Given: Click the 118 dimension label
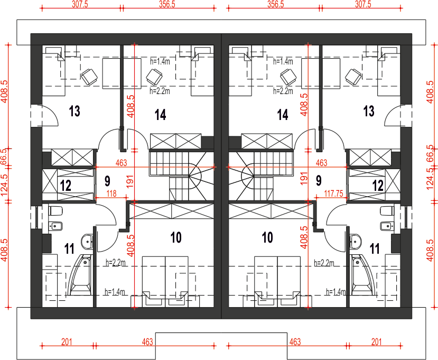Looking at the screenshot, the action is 111,193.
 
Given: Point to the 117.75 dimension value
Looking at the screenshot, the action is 333,193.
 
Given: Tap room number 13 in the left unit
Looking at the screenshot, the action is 74,111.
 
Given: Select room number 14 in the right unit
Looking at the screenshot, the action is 283,115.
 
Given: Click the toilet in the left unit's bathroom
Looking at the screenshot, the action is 55,211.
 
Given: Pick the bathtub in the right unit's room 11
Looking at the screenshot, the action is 360,274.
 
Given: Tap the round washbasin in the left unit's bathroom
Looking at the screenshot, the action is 87,242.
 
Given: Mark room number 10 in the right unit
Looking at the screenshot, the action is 267,237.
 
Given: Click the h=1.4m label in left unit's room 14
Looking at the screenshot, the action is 160,61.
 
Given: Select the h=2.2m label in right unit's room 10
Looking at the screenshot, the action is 324,263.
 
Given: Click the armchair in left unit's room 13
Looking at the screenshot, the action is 89,77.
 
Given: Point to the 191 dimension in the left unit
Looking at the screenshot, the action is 130,181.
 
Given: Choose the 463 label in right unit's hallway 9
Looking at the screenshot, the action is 321,163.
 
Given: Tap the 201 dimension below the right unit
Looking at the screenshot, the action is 377,342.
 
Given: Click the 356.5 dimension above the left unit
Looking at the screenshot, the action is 167,4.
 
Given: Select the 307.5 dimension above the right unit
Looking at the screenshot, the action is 363,4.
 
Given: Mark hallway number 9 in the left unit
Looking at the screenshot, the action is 108,181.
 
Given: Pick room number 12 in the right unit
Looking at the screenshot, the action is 378,186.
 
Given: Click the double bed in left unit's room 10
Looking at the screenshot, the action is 165,282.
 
